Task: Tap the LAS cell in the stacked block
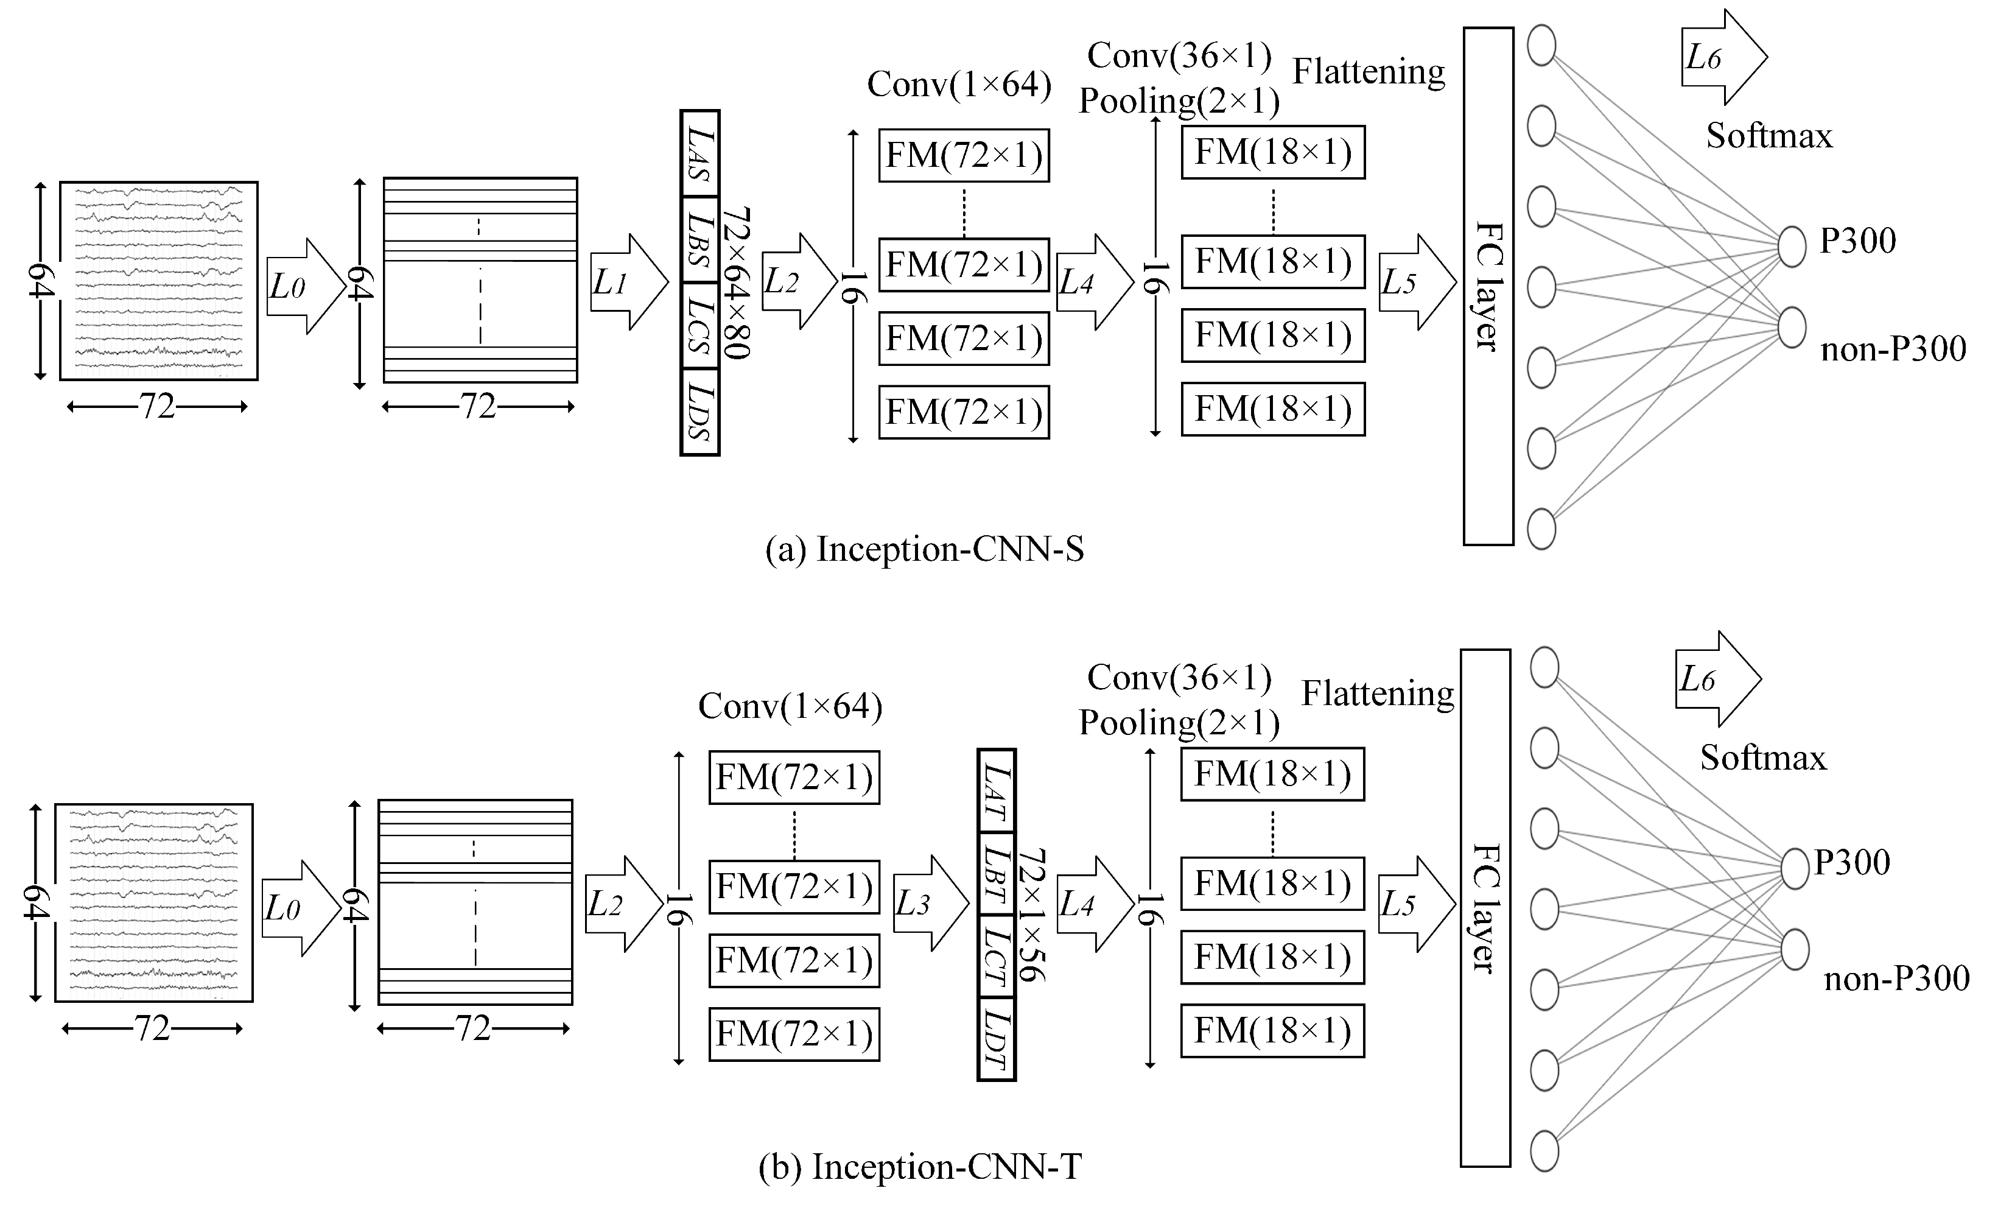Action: [699, 154]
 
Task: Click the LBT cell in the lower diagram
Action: [996, 873]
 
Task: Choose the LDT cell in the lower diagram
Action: [996, 1039]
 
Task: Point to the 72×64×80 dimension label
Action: [736, 282]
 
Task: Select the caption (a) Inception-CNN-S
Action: [924, 549]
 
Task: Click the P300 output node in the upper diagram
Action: [1791, 247]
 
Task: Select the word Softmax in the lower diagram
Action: [1763, 757]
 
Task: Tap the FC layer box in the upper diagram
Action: [1488, 286]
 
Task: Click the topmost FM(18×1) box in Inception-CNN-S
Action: [1272, 152]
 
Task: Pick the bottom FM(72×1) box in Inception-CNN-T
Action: [794, 1034]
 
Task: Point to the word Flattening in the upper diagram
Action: [1368, 71]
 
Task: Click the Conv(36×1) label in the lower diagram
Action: [1179, 677]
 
